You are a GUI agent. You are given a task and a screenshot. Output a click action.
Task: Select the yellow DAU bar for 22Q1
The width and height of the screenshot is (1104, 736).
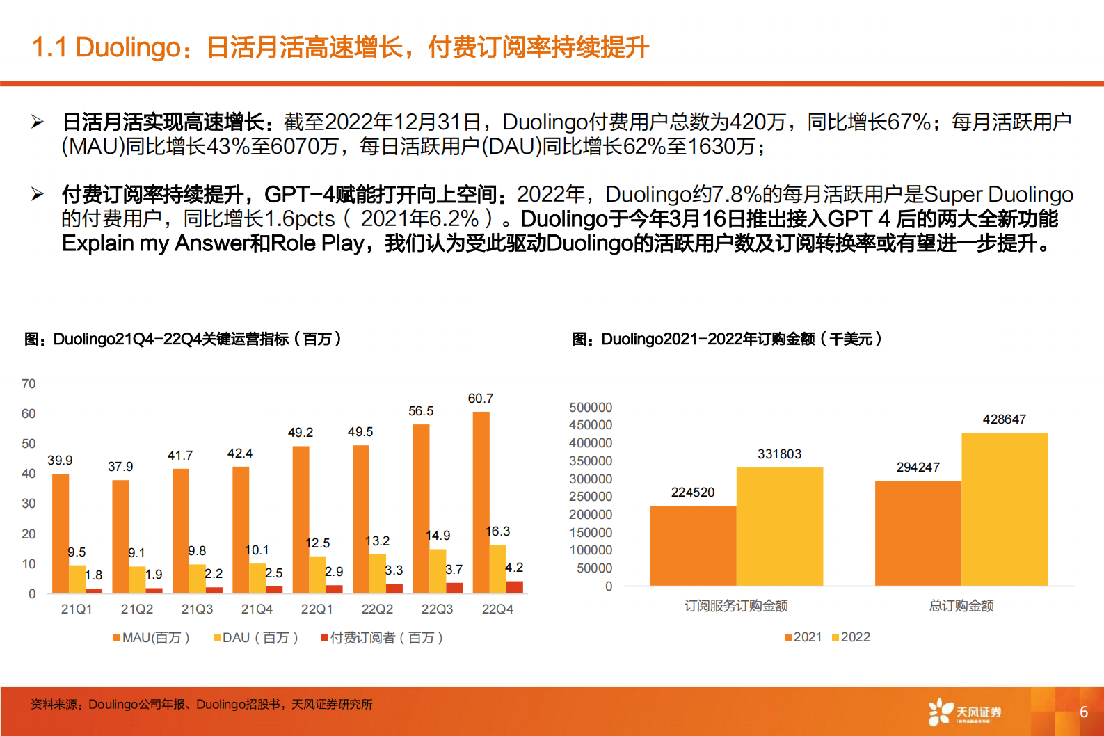tap(317, 575)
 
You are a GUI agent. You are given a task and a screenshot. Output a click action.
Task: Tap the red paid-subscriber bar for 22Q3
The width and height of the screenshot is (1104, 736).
tap(454, 588)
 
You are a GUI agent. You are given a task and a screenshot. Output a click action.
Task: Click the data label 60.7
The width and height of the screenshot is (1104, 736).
tap(480, 399)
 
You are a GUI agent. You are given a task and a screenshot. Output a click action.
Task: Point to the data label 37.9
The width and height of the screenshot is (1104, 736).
tap(120, 467)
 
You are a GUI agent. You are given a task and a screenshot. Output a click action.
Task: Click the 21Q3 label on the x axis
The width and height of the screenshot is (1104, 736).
tap(197, 609)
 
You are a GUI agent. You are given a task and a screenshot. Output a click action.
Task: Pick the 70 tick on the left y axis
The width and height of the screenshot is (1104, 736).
tap(29, 384)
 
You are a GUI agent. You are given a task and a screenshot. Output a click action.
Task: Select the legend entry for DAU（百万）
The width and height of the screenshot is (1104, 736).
tap(256, 638)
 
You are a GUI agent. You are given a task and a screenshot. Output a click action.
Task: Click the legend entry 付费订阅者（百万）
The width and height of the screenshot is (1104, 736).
tap(382, 638)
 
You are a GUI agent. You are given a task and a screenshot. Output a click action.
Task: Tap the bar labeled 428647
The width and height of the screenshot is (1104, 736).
tap(1004, 509)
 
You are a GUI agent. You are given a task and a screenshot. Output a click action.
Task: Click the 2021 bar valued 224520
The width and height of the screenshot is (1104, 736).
tap(692, 545)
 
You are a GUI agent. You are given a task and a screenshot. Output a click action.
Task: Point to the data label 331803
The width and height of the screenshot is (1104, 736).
tap(779, 454)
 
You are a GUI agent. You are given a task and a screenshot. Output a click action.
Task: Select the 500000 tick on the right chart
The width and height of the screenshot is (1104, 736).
tap(591, 408)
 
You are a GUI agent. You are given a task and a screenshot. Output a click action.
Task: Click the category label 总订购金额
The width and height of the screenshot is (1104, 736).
tap(961, 606)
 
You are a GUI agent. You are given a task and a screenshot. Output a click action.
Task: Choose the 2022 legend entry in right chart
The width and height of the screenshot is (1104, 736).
tap(851, 637)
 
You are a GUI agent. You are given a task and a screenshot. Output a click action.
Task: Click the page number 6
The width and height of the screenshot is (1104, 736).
tap(1083, 712)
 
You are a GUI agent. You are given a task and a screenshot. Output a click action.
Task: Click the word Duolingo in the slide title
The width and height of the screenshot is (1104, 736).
tap(128, 47)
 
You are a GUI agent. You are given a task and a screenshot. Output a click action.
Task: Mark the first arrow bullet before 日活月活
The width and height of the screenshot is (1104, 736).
tap(38, 122)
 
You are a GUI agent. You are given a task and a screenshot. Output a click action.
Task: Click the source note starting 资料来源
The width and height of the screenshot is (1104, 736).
tap(201, 705)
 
